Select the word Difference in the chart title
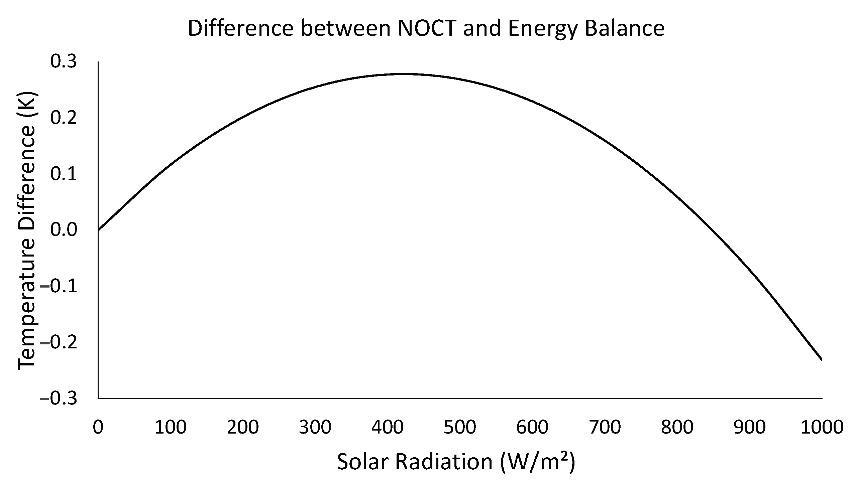point(240,29)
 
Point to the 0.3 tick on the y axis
point(64,62)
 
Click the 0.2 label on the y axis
point(64,118)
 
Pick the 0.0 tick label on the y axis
point(64,230)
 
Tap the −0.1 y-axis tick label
point(59,286)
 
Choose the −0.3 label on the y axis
point(59,398)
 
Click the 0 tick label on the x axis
point(98,428)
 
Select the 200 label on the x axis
point(243,428)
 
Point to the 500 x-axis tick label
point(460,428)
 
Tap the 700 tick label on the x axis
point(605,428)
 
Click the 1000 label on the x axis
point(822,428)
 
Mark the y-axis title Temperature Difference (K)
point(27,230)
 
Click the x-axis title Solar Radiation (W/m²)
point(456,462)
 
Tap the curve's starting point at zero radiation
point(99,230)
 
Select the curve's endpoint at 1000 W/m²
point(821,360)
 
